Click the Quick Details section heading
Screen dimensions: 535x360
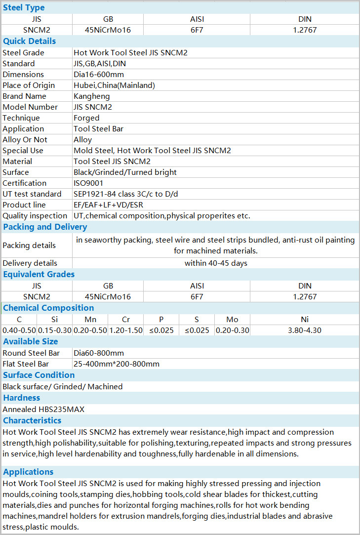pyautogui.click(x=29, y=41)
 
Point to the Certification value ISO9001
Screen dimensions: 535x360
pyautogui.click(x=88, y=183)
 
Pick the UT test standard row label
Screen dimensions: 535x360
pyautogui.click(x=32, y=194)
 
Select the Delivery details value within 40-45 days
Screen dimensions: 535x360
pyautogui.click(x=216, y=263)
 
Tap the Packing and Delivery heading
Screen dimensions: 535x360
pyautogui.click(x=45, y=227)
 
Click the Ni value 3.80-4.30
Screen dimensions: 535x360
pyautogui.click(x=305, y=330)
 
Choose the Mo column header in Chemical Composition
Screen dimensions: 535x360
pyautogui.click(x=232, y=319)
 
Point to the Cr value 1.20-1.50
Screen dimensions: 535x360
pyautogui.click(x=125, y=330)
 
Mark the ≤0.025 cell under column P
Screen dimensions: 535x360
pyautogui.click(x=161, y=330)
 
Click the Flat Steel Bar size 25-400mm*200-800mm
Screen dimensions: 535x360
pyautogui.click(x=117, y=364)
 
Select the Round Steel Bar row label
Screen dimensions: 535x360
pyautogui.click(x=31, y=353)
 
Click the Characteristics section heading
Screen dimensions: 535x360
pyautogui.click(x=32, y=420)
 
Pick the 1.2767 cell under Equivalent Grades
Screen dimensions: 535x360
pyautogui.click(x=305, y=296)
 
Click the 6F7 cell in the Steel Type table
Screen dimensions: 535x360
pyautogui.click(x=197, y=30)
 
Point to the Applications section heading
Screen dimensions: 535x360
pyautogui.click(x=28, y=472)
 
